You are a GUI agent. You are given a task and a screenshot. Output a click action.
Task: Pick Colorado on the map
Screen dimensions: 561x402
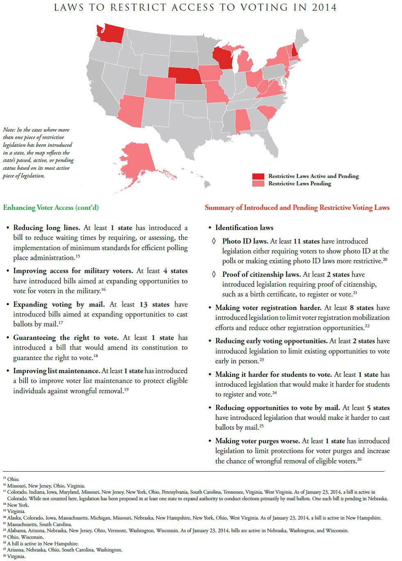click(160, 88)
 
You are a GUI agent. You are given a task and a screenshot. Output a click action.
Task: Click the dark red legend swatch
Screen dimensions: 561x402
click(258, 176)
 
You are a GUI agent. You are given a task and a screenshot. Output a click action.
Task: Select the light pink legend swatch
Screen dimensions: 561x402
click(258, 184)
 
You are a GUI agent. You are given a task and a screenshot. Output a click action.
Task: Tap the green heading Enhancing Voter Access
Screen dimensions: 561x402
click(51, 208)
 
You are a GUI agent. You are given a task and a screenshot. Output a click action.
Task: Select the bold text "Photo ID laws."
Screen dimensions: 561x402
click(245, 241)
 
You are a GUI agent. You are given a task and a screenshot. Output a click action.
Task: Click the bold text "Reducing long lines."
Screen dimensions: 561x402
click(47, 228)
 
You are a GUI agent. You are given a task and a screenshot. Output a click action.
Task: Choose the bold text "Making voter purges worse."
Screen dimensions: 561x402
click(257, 441)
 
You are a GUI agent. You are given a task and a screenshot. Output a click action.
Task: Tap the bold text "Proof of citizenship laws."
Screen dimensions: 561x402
click(261, 274)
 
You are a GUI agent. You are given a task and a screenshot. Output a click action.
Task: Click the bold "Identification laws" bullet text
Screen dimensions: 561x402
click(244, 228)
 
